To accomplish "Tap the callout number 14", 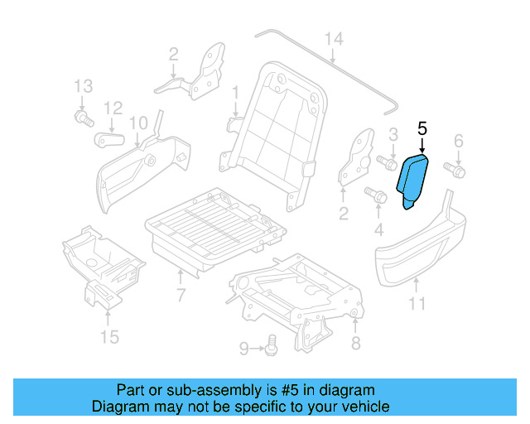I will pyautogui.click(x=333, y=39).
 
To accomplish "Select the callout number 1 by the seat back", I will pyautogui.click(x=235, y=91).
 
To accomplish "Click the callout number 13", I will pyautogui.click(x=82, y=86).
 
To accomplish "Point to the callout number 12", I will pyautogui.click(x=113, y=108).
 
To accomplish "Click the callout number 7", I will pyautogui.click(x=181, y=295).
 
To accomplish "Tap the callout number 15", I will pyautogui.click(x=109, y=336).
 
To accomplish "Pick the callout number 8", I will pyautogui.click(x=356, y=343).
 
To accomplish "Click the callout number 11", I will pyautogui.click(x=417, y=304).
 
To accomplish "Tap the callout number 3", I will pyautogui.click(x=393, y=134).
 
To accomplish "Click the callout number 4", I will pyautogui.click(x=380, y=227).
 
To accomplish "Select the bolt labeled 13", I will pyautogui.click(x=82, y=119).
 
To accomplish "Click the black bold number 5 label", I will pyautogui.click(x=422, y=128).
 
